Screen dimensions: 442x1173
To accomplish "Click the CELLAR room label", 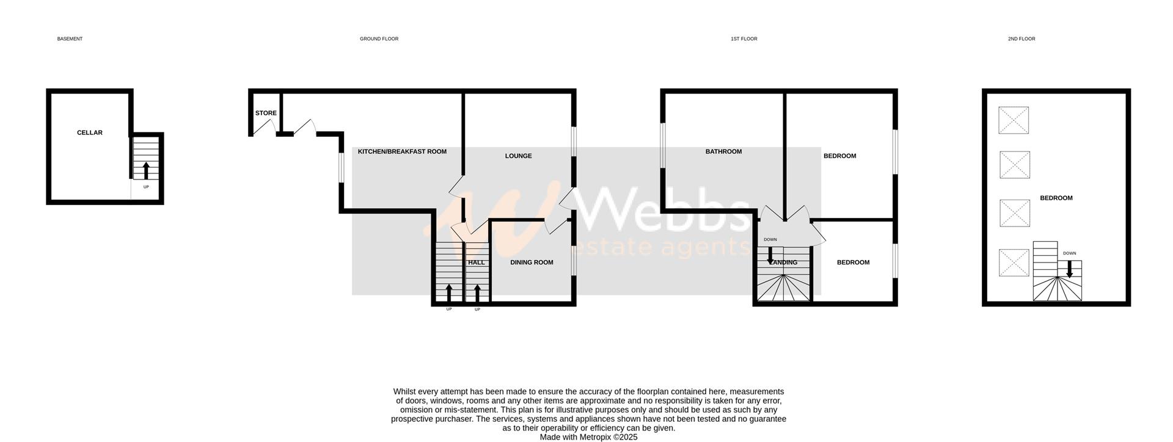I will point(89,132).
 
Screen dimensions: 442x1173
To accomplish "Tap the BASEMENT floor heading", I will point(70,39).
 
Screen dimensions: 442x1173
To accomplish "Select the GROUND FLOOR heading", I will point(379,39).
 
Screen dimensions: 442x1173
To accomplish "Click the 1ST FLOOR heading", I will point(744,39).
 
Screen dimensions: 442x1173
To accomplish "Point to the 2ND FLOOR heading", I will point(1021,39).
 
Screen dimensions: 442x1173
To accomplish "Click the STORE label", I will point(266,113).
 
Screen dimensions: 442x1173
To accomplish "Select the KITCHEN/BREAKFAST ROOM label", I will point(402,151).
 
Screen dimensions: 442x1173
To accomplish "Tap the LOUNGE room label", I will point(518,156).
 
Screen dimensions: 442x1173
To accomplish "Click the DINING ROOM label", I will point(532,263).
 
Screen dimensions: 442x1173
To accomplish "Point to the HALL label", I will point(476,263).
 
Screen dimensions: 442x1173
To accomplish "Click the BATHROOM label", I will point(723,151).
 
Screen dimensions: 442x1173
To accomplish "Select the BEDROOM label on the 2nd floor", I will point(1056,198).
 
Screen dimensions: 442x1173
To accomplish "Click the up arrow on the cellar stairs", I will point(145,170).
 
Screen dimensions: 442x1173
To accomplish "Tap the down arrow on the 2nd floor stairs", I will point(1069,269).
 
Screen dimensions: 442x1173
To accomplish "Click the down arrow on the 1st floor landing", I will point(770,255).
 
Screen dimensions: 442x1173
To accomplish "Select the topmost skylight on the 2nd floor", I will point(1014,120).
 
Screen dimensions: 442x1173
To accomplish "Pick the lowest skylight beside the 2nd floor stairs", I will point(1014,263).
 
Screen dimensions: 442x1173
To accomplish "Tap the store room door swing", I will point(263,126).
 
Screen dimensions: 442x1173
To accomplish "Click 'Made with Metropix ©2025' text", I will point(588,437).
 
